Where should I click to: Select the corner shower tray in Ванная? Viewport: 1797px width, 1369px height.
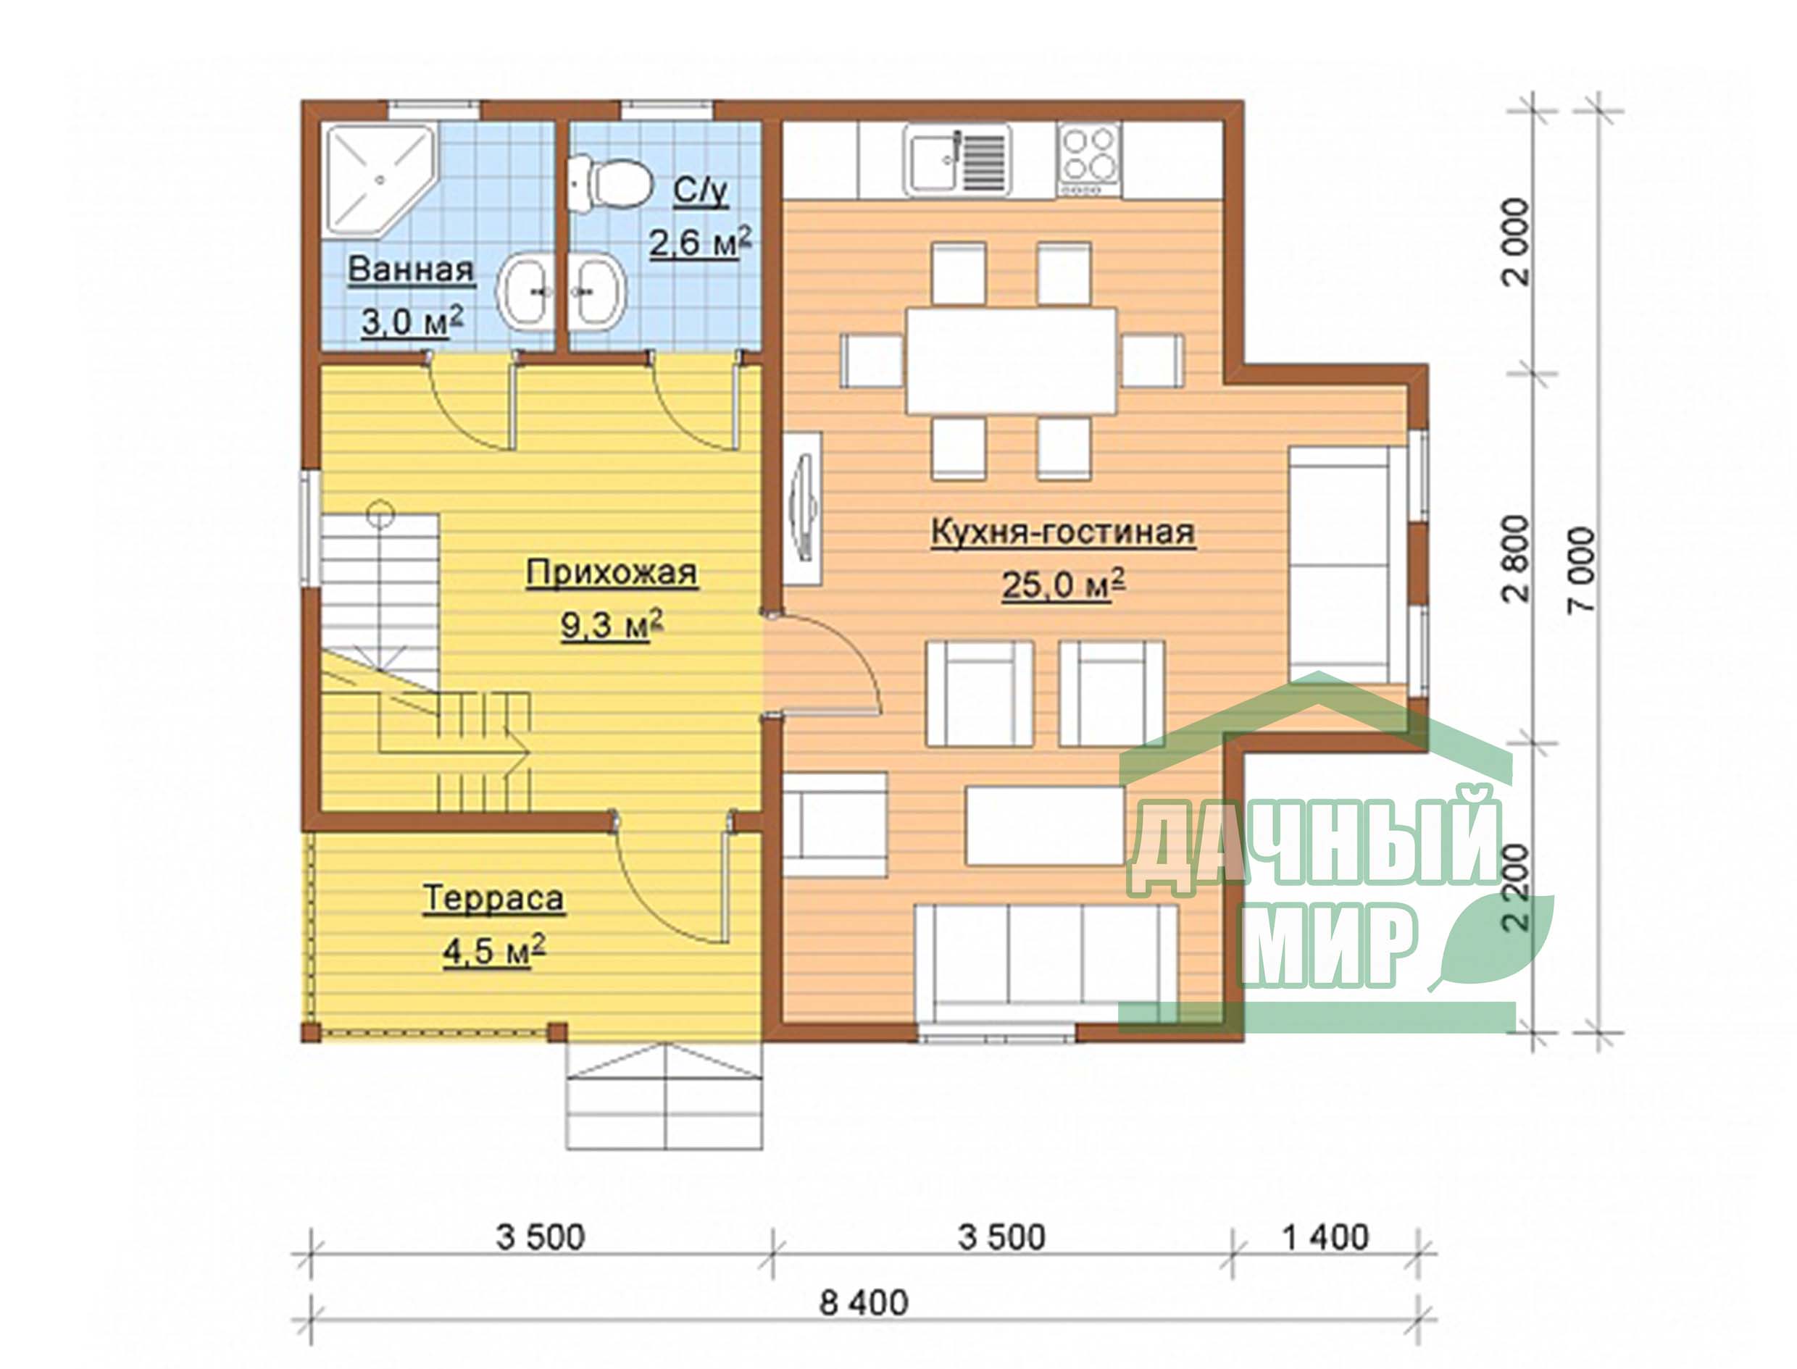(380, 180)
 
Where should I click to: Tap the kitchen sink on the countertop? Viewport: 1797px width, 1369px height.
(956, 161)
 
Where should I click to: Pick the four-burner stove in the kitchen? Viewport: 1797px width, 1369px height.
(1089, 161)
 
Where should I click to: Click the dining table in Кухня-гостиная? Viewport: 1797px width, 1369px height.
(1011, 361)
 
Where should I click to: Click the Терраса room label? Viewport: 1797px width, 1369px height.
(493, 899)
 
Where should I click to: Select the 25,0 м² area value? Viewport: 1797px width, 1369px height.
(1063, 584)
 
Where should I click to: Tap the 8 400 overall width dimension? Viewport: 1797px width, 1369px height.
(863, 1302)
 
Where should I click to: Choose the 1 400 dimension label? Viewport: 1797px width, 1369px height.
(1325, 1237)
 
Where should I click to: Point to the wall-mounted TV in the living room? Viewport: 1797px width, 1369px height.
(804, 508)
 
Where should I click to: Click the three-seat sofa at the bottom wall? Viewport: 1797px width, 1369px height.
(1046, 969)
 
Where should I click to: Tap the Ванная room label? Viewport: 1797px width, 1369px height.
(411, 269)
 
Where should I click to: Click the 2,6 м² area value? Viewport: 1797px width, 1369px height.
(700, 242)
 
